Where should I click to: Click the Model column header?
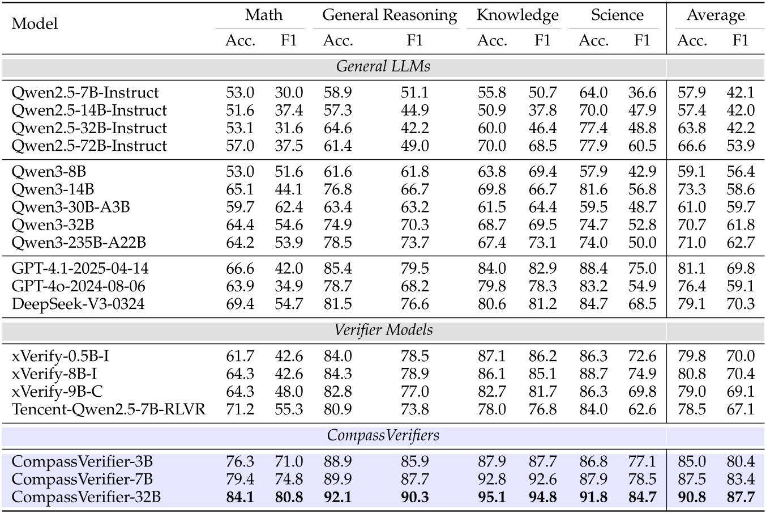pyautogui.click(x=35, y=24)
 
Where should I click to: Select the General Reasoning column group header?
pyautogui.click(x=390, y=15)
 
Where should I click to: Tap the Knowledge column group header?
pyautogui.click(x=517, y=15)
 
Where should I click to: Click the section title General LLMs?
pyautogui.click(x=383, y=66)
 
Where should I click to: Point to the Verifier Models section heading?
pyautogui.click(x=383, y=330)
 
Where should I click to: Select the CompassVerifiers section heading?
pyautogui.click(x=383, y=435)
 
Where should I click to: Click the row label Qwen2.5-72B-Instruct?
pyautogui.click(x=89, y=146)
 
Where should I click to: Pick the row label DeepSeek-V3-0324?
pyautogui.click(x=78, y=304)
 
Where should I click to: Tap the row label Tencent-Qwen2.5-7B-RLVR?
pyautogui.click(x=109, y=409)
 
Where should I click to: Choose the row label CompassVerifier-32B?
pyautogui.click(x=87, y=497)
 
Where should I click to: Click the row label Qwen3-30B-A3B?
pyautogui.click(x=71, y=207)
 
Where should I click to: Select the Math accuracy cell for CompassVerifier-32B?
pyautogui.click(x=241, y=497)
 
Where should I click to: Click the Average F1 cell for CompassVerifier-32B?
pyautogui.click(x=741, y=497)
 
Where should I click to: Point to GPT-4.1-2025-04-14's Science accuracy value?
pyautogui.click(x=593, y=269)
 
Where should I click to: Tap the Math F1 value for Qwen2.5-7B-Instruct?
pyautogui.click(x=289, y=93)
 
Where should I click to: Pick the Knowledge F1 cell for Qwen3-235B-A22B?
pyautogui.click(x=542, y=243)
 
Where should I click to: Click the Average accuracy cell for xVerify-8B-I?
pyautogui.click(x=692, y=374)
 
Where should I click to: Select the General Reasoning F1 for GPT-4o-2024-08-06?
pyautogui.click(x=414, y=286)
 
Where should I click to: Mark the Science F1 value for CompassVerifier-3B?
pyautogui.click(x=642, y=462)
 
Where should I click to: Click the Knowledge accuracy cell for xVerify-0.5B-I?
pyautogui.click(x=491, y=357)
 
